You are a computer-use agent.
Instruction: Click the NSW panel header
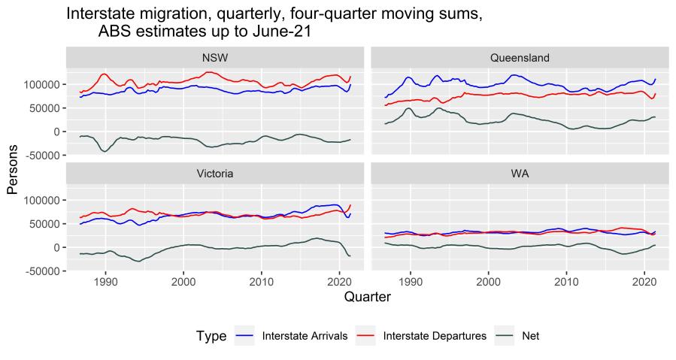214,58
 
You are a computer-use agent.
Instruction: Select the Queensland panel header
519,58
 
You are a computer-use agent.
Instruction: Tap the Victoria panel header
214,173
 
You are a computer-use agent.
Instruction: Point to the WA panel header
519,173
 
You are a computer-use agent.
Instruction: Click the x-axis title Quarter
367,298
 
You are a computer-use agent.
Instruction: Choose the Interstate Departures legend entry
433,337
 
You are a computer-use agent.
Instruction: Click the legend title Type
211,337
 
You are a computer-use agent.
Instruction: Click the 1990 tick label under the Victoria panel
106,282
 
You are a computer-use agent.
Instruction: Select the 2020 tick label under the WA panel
644,282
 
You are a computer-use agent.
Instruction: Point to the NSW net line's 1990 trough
105,152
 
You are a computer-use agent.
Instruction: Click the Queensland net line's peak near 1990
409,108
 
